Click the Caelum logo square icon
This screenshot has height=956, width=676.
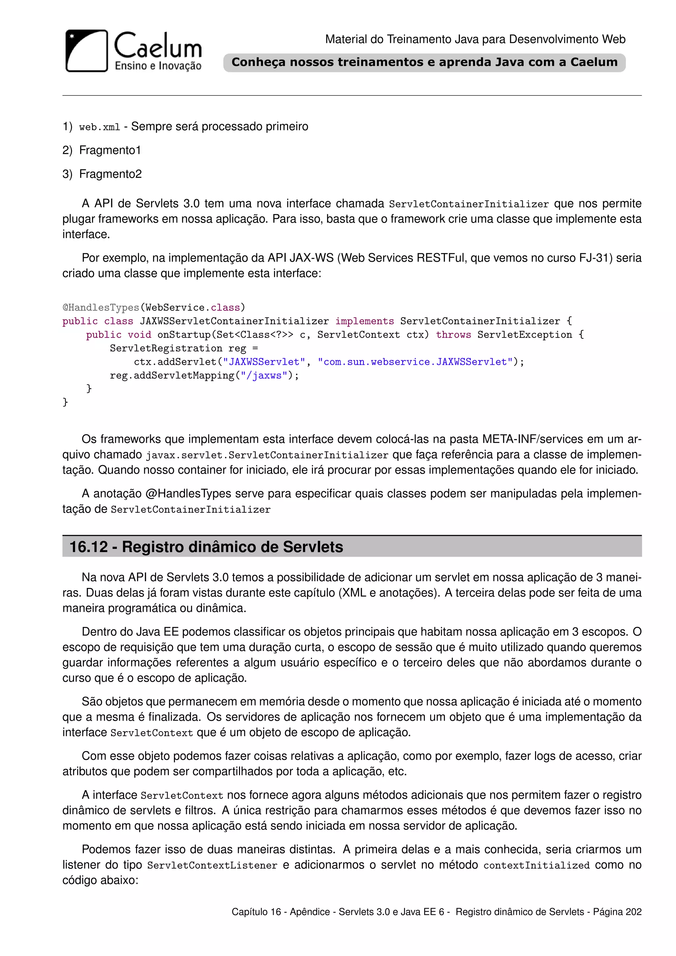86,51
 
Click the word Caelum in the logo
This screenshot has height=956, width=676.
158,46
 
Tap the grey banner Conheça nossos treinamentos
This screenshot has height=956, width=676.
424,62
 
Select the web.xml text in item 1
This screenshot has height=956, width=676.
99,127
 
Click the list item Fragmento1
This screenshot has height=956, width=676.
110,150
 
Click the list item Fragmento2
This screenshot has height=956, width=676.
110,174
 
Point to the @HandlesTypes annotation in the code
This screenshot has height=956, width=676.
101,307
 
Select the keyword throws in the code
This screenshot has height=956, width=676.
453,335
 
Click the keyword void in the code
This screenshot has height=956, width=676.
139,335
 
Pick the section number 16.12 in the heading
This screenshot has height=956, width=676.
89,547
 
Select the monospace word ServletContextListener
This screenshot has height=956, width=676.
212,865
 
